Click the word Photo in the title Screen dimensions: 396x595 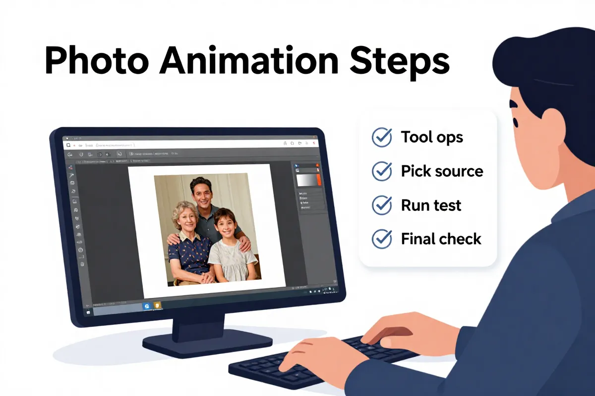96,62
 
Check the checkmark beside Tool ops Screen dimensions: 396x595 382,137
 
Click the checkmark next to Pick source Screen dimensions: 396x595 382,171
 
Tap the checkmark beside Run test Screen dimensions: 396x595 382,205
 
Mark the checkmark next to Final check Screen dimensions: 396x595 382,239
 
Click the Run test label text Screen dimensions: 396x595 431,205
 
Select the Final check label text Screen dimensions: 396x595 441,239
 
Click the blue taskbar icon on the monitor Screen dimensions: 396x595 147,306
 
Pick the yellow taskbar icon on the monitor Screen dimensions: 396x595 157,305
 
